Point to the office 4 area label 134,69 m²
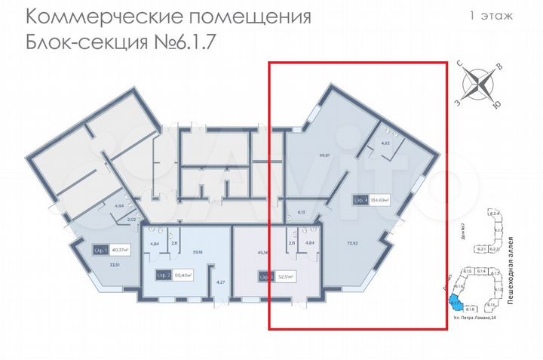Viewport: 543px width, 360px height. point(379,201)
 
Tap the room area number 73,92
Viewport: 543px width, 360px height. point(351,243)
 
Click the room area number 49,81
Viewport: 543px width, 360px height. point(325,156)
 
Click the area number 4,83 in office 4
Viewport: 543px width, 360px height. point(385,143)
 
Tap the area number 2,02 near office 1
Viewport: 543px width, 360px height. point(130,220)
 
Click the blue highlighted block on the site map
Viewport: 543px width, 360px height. point(454,303)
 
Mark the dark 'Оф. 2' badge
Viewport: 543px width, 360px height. point(162,275)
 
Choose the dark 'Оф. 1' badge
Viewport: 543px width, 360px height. point(100,250)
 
